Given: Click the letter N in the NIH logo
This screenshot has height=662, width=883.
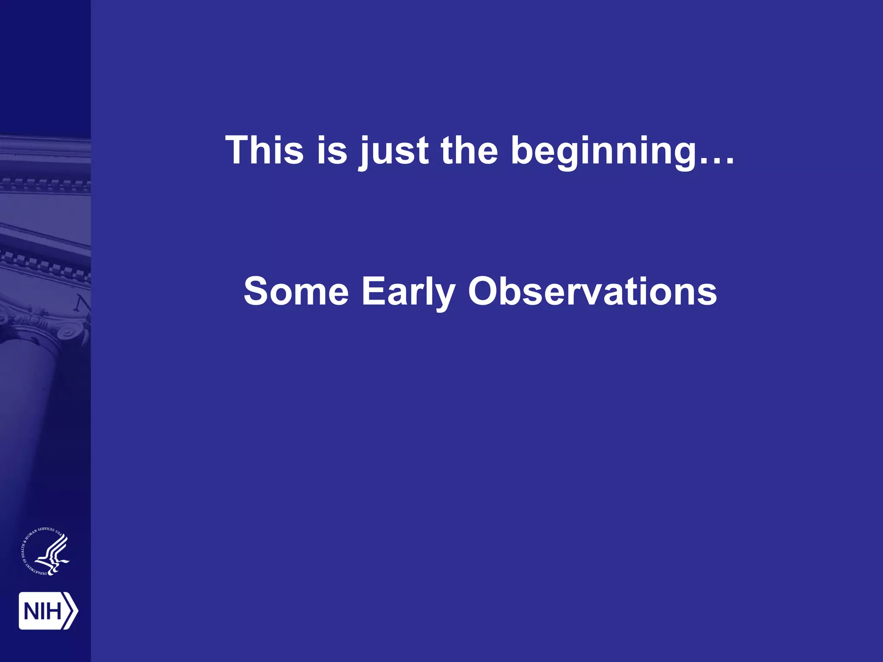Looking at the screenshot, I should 31,611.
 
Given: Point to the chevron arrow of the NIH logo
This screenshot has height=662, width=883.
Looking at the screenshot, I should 72,610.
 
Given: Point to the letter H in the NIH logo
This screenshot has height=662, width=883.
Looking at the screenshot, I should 53,611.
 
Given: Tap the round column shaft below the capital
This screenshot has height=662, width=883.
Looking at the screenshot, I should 30,409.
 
